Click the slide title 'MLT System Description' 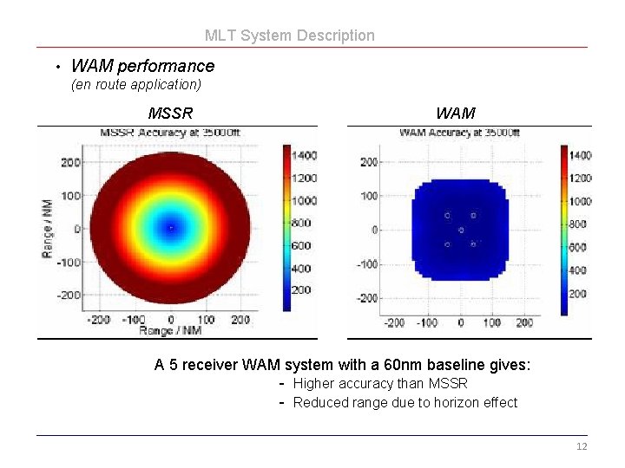coord(290,36)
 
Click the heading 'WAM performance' coord(142,66)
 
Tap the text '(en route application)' coord(136,85)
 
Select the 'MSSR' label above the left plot coord(170,113)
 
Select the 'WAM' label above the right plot coord(455,113)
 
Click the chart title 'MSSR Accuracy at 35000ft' coord(170,133)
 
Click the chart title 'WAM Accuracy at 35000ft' coord(459,133)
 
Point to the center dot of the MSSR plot coord(171,228)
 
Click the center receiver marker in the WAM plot coord(461,230)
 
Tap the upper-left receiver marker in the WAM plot coord(447,215)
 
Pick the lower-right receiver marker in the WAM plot coord(473,244)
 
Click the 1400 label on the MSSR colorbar coord(303,155)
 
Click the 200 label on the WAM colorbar coord(578,294)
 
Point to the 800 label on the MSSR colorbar coord(301,223)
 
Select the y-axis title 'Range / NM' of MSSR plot coord(48,228)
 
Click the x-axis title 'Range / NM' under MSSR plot coord(171,331)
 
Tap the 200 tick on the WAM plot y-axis coord(369,162)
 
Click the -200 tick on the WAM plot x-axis coord(395,322)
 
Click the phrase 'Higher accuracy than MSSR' coord(380,383)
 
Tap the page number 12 coord(582,446)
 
